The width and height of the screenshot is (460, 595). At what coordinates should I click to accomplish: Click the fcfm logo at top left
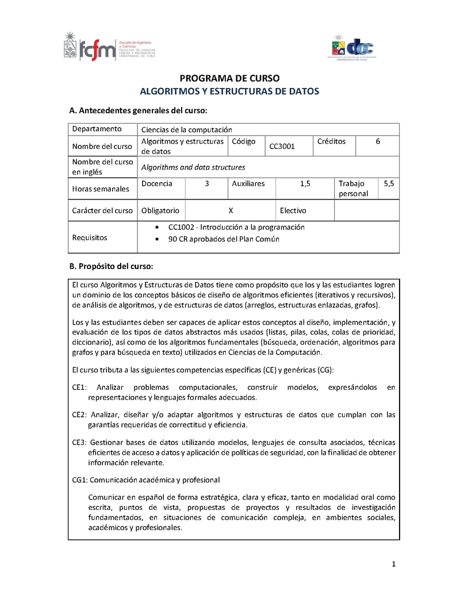109,45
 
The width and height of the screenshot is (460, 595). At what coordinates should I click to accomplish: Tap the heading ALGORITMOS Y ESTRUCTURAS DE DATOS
229,91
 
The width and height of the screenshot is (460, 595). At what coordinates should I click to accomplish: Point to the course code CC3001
282,146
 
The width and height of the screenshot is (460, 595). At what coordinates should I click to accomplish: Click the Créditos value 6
378,141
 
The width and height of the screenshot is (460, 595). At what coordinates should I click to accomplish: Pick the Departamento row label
97,129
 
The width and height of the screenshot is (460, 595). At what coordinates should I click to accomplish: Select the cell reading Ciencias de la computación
186,129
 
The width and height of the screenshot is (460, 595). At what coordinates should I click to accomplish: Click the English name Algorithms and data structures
193,167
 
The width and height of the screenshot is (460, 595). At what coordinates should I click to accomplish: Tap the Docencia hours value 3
206,183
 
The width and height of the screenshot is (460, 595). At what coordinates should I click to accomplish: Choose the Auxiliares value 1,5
305,183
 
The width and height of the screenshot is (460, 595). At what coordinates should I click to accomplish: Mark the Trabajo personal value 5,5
389,183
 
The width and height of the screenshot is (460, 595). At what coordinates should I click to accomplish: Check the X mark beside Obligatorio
231,210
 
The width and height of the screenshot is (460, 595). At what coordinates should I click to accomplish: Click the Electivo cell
293,210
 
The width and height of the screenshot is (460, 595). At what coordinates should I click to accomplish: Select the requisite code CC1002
179,227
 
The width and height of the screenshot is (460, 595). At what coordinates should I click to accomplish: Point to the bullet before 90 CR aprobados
158,240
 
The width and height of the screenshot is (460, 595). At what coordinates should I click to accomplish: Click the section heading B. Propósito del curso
110,267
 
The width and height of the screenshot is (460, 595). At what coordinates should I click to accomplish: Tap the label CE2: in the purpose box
79,414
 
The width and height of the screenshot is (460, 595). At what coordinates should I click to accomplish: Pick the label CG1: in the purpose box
79,479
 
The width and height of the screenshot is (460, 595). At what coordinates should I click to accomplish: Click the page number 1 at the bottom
394,564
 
